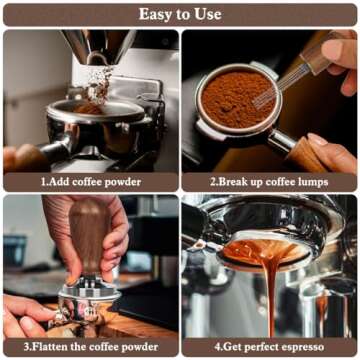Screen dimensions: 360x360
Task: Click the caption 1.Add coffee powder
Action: (x=91, y=182)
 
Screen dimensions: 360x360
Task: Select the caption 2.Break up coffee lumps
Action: (x=269, y=182)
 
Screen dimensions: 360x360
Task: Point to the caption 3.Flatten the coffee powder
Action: (x=91, y=347)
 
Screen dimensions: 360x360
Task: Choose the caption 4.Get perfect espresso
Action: (x=269, y=347)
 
